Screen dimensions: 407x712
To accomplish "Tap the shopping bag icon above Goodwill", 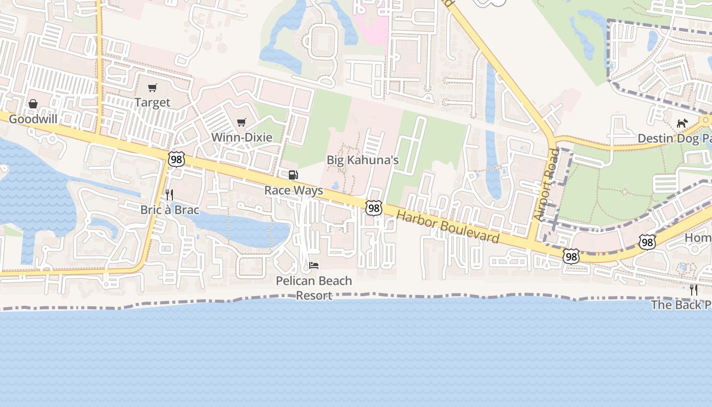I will coord(33,104).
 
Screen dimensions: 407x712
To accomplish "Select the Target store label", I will coord(152,102).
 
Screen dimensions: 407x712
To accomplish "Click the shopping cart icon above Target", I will coord(152,88).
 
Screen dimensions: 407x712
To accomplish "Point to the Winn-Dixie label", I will coord(242,137).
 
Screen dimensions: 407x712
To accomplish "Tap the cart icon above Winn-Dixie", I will coord(242,122).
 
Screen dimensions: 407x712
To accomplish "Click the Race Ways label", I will coord(293,190).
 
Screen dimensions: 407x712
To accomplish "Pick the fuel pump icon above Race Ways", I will coord(293,176).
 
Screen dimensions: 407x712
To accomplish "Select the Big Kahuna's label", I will coord(363,160).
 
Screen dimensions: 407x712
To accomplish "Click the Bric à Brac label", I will coord(170,210).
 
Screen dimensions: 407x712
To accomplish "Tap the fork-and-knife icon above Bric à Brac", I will coord(169,195).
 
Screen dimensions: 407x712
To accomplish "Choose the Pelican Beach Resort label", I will coord(314,288).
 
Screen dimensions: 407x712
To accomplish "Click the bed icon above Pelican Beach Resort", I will coord(314,266).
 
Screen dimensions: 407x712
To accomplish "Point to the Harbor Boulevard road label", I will coord(448,226).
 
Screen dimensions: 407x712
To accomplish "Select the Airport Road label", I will coord(546,185).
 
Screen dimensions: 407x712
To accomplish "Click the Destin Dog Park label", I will coord(674,138).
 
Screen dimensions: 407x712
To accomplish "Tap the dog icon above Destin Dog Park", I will coord(682,124).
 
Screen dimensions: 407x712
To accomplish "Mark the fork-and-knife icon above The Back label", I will coord(694,290).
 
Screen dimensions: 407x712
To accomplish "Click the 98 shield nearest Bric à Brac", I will coord(176,159).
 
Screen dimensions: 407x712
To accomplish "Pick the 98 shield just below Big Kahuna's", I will coord(373,208).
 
